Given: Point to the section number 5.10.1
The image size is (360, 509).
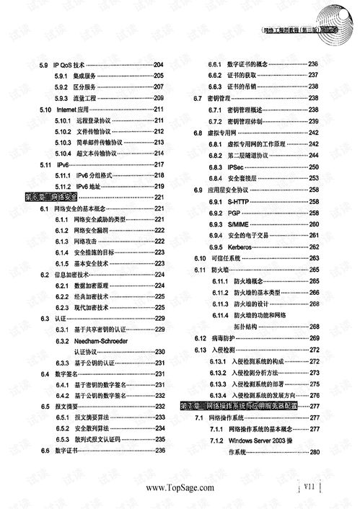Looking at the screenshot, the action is point(63,121).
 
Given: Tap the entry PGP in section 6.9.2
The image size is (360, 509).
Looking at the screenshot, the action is point(234,213).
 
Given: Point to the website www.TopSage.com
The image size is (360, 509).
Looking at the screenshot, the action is point(180,488).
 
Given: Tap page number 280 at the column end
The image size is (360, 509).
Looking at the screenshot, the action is point(314,452).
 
